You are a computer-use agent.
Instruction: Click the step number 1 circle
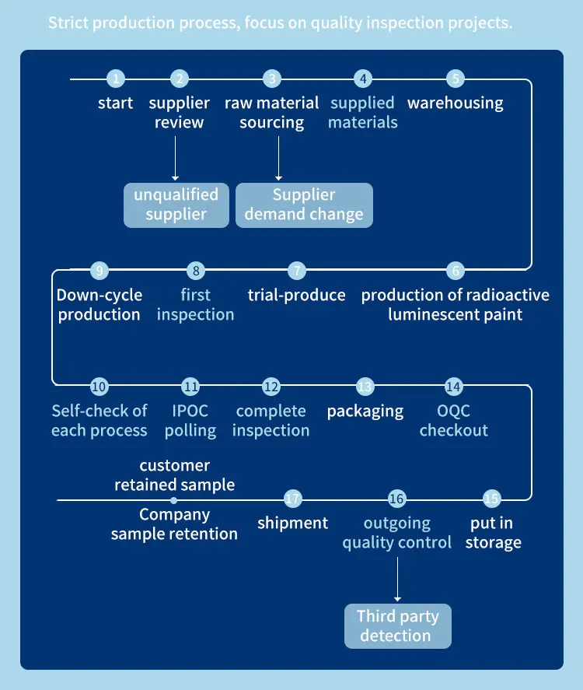coord(116,79)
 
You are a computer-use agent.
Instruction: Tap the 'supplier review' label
coord(180,113)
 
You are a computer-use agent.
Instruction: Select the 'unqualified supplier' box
coord(176,205)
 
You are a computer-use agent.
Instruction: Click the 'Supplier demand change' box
coord(304,205)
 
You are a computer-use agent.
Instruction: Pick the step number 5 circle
coord(456,79)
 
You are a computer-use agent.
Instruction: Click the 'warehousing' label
coord(456,103)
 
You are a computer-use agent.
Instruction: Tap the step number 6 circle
coord(456,271)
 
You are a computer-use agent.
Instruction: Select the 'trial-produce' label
coord(296,295)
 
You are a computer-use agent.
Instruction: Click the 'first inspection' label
coord(196,305)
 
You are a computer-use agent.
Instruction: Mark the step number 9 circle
coord(99,271)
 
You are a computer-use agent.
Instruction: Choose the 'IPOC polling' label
coord(190,421)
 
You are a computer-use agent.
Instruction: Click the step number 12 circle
coord(271,387)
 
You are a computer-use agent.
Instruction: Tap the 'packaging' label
coord(365,411)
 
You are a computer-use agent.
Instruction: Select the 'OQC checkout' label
coord(454,421)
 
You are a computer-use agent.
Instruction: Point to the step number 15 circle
coord(492,499)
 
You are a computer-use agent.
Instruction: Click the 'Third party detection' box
coord(398,626)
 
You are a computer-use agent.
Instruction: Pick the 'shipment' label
coord(293,524)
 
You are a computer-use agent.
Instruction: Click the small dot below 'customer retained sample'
coord(174,500)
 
